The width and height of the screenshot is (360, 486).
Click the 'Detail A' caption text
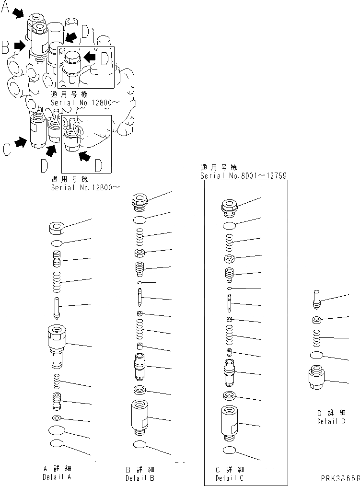pyautogui.click(x=57, y=477)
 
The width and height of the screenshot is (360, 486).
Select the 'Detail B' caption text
pyautogui.click(x=140, y=477)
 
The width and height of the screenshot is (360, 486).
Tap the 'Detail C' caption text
pyautogui.click(x=230, y=477)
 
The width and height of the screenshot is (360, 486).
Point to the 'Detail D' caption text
pyautogui.click(x=331, y=421)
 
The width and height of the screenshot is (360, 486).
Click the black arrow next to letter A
pyautogui.click(x=18, y=14)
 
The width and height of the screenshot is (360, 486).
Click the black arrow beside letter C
pyautogui.click(x=20, y=142)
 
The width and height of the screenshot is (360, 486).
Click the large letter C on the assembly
pyautogui.click(x=6, y=150)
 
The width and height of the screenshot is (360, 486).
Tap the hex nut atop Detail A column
pyautogui.click(x=57, y=227)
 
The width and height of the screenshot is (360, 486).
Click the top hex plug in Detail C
pyautogui.click(x=230, y=207)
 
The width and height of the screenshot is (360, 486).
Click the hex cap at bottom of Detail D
pyautogui.click(x=316, y=379)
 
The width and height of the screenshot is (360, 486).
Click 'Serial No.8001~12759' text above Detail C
pyautogui.click(x=244, y=176)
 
